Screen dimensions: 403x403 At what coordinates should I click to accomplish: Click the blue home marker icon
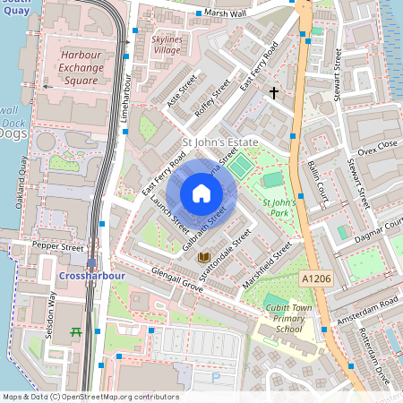pos(201,193)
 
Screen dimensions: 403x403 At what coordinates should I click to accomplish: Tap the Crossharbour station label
pos(90,277)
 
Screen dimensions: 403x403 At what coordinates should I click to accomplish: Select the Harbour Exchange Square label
pos(86,67)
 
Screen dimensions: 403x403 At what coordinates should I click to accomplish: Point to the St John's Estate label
pos(219,143)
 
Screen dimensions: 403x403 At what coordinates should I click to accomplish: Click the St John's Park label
pos(279,209)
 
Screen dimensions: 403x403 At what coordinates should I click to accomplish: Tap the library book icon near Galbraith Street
pos(203,258)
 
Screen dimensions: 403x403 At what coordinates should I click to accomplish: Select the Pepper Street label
pos(57,244)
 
